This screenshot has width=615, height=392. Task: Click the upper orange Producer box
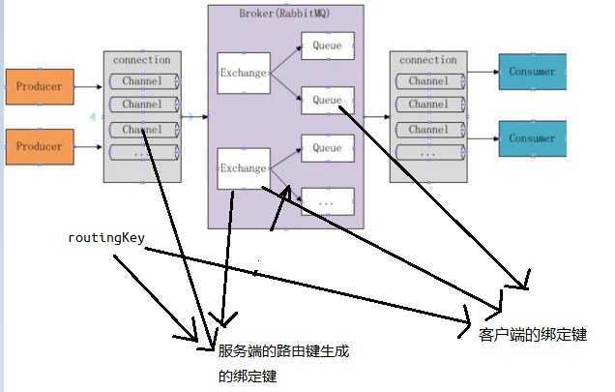point(39,87)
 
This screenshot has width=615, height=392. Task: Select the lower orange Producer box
point(39,146)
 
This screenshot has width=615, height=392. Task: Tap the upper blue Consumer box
point(532,72)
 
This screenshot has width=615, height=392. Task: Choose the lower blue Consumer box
point(532,138)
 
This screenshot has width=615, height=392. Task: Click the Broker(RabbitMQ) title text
point(285,14)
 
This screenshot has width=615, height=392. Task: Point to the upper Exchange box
point(243,73)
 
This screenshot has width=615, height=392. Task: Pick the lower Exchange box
point(243,168)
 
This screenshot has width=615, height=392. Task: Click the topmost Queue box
point(327,44)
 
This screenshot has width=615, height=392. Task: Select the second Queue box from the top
point(327,100)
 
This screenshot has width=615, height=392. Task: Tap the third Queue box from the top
point(327,148)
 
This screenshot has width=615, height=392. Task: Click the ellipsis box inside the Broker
point(327,202)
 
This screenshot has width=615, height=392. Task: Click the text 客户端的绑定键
point(533,334)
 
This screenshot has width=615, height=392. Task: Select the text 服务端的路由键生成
point(283,352)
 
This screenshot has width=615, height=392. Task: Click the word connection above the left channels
point(142,60)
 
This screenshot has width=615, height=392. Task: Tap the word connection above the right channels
point(428,60)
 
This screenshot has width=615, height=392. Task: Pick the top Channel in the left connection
point(143,81)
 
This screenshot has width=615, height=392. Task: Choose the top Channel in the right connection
point(428,81)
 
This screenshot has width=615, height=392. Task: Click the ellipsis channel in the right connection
point(428,153)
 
